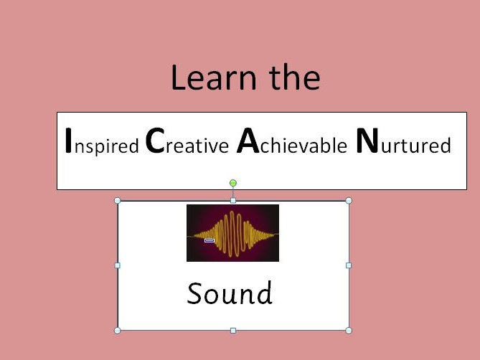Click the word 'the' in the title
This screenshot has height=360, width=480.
pos(291,78)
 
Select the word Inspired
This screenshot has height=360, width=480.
pos(101,143)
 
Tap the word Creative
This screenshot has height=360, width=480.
pos(187,143)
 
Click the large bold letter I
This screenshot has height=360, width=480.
pos(68,141)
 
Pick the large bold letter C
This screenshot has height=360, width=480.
pos(156,142)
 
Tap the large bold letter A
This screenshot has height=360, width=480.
pos(248,142)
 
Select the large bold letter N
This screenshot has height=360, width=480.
pos(367,142)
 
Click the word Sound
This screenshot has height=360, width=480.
pos(230,293)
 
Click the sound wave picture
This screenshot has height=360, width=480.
pos(232,233)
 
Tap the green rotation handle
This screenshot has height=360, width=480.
pos(233,184)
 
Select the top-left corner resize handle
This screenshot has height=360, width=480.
pos(118,201)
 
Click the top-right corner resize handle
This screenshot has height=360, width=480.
pos(349,201)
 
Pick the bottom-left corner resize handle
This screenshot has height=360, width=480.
pos(118,331)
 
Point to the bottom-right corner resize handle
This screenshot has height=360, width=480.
pos(349,331)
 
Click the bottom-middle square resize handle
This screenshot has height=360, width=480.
pos(233,331)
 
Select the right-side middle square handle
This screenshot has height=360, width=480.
pos(349,265)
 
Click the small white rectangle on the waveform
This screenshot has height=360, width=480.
pos(210,241)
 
